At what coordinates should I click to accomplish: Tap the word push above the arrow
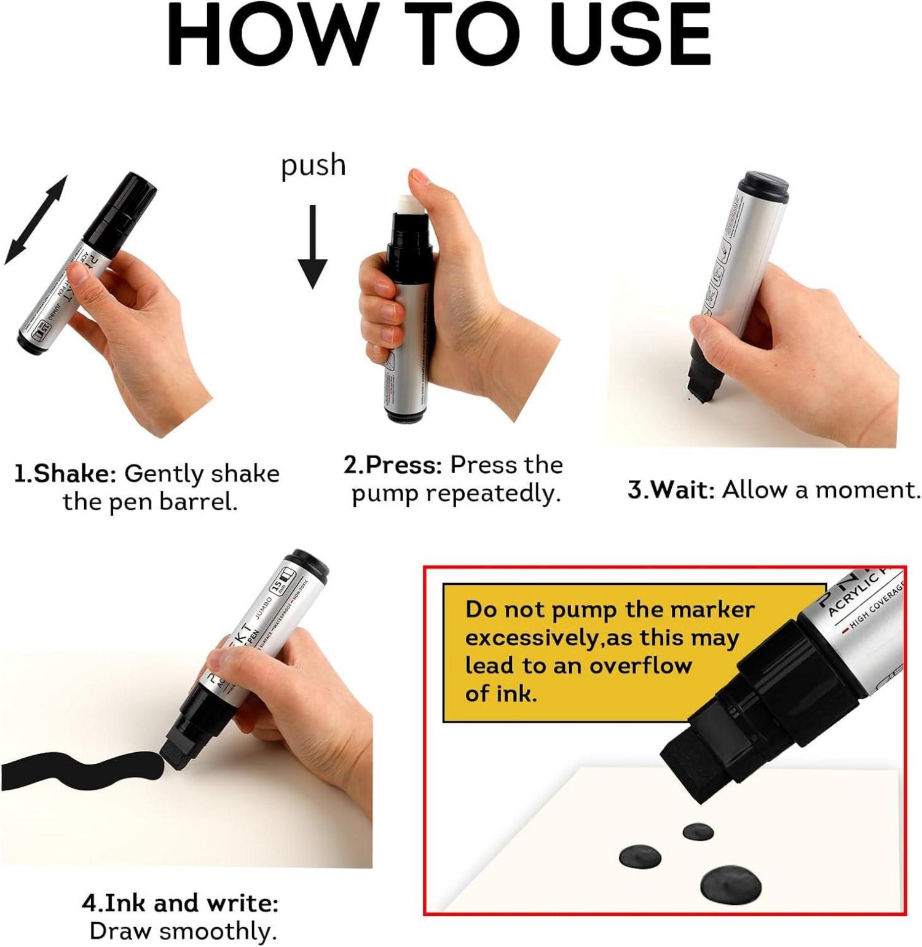(313, 165)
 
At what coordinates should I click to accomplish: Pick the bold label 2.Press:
(393, 465)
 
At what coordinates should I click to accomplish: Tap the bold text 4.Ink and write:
(180, 903)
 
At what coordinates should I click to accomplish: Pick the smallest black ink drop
(698, 832)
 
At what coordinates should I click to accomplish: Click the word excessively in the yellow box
(530, 638)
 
